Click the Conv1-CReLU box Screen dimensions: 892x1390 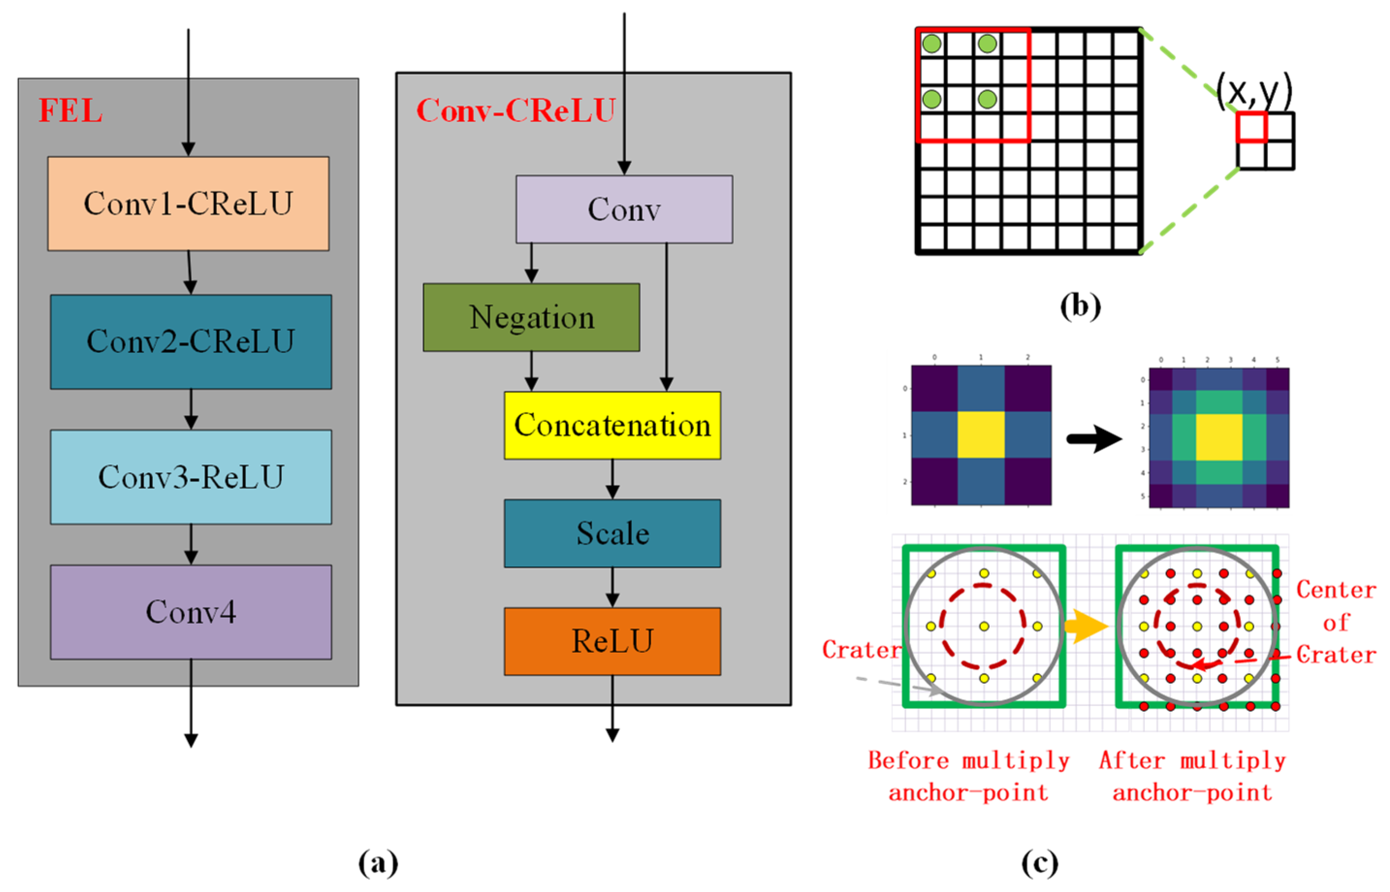click(x=188, y=203)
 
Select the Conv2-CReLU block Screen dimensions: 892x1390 click(x=190, y=341)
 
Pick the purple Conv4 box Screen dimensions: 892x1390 click(x=190, y=612)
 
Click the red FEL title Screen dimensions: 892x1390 click(x=70, y=110)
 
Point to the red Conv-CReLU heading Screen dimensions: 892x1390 click(x=515, y=110)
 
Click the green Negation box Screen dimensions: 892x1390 click(x=531, y=317)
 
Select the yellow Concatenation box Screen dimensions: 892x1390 click(x=612, y=425)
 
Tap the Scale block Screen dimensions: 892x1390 click(x=612, y=533)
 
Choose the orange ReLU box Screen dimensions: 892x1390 click(x=612, y=641)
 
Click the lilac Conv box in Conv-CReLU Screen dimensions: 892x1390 click(x=624, y=209)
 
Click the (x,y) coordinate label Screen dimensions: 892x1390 click(x=1254, y=92)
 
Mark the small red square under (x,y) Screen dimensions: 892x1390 click(x=1251, y=127)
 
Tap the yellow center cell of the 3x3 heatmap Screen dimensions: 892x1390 click(x=981, y=434)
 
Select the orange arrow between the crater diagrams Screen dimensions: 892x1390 click(x=1086, y=626)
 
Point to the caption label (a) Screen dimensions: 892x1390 click(x=378, y=863)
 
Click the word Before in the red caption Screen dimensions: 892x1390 click(x=908, y=760)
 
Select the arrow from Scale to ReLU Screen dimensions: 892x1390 click(x=612, y=587)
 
